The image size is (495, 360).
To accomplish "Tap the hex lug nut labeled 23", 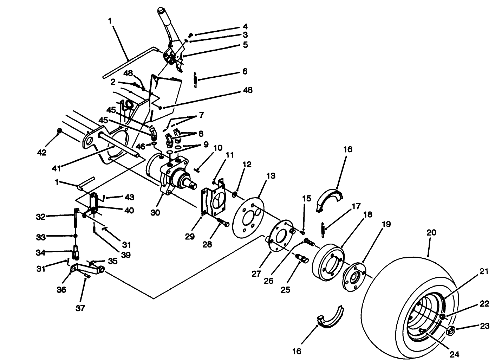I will [x=451, y=330].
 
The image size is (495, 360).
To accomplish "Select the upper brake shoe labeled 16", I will [x=330, y=200].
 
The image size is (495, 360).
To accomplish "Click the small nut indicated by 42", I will [x=60, y=131].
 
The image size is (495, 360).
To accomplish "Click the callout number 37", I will [x=80, y=308].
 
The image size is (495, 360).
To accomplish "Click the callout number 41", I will [x=57, y=169].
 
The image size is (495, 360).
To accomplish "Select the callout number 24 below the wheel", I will [x=455, y=354].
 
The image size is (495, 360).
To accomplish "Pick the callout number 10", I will [x=217, y=148].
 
